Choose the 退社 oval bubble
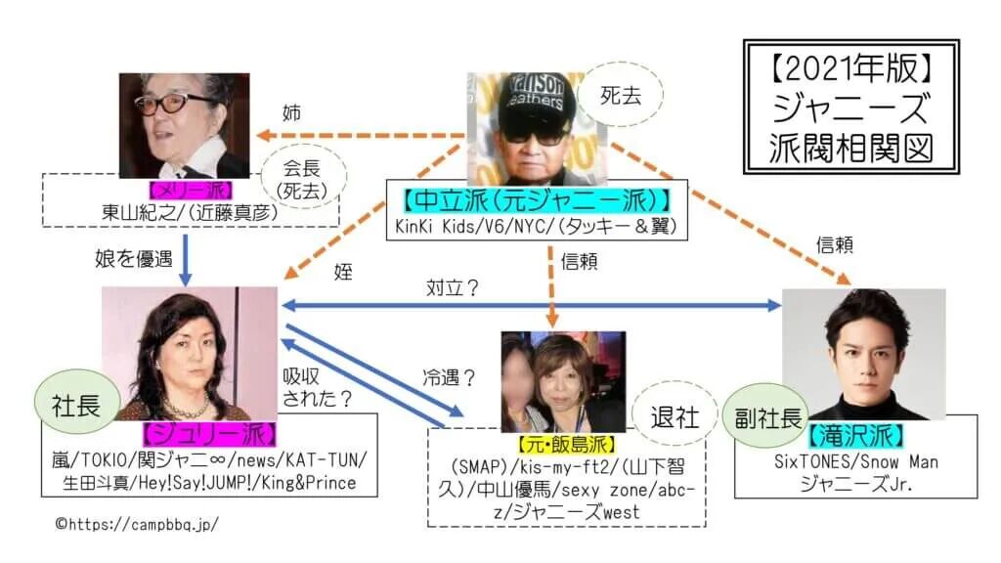click(x=675, y=417)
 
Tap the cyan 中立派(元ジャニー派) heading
click(x=537, y=201)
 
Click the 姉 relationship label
click(x=292, y=113)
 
